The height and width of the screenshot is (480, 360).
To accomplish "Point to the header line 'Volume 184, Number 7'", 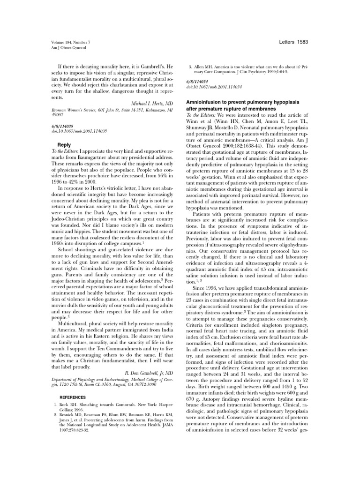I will coord(69,43).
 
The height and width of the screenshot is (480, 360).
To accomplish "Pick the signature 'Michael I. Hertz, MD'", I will coord(149,102).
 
